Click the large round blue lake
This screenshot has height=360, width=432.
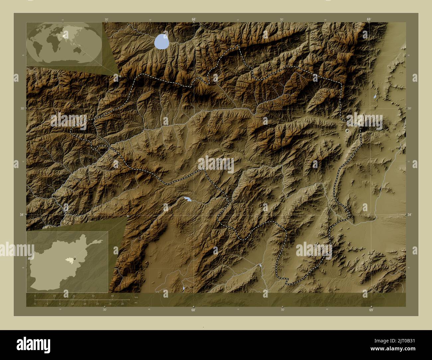pos(162,42)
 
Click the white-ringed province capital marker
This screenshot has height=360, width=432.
pos(347,131)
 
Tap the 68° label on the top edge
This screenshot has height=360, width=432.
pos(194,19)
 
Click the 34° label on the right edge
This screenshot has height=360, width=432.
pos(409,215)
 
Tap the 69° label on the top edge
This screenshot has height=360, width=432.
pos(369,19)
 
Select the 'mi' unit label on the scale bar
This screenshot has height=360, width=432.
pos(136,303)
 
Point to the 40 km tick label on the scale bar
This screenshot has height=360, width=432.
pos(113,296)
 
